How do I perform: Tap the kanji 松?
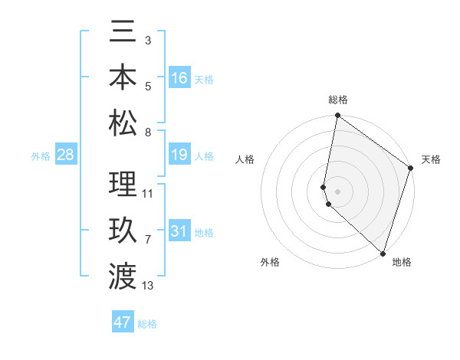[x=123, y=123]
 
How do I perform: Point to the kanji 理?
[x=123, y=184]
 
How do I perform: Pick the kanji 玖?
[x=123, y=230]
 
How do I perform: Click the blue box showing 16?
[x=179, y=78]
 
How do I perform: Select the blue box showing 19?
[x=179, y=155]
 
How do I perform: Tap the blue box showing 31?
[x=179, y=231]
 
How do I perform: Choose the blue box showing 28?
[x=66, y=155]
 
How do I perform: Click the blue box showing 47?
[x=123, y=322]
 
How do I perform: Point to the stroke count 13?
[x=148, y=286]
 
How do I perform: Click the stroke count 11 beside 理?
[x=148, y=193]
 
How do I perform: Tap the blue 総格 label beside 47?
[x=147, y=324]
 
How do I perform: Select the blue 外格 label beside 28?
[x=41, y=156]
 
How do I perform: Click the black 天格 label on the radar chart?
[x=431, y=159]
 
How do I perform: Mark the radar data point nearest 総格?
[x=337, y=116]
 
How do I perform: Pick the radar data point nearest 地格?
[x=382, y=254]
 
